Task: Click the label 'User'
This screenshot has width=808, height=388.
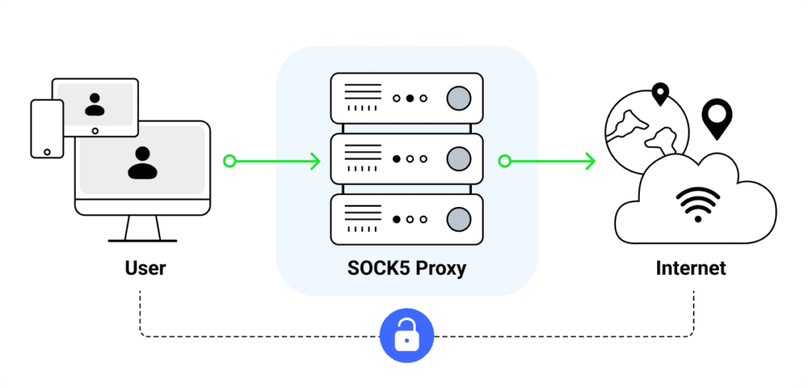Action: click(145, 268)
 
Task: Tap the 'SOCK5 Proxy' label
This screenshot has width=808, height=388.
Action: click(406, 268)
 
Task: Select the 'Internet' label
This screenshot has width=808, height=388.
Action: click(690, 268)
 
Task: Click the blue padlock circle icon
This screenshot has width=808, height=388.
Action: click(406, 335)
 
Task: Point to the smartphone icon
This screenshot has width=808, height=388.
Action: click(46, 128)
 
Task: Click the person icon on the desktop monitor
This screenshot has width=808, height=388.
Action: click(143, 162)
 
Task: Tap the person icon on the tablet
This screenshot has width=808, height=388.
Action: click(95, 104)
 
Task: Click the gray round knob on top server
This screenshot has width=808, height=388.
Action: click(458, 98)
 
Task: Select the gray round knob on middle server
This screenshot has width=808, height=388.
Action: click(458, 159)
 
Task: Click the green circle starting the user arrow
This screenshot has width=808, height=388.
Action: click(230, 161)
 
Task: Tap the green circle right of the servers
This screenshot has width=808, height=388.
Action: click(504, 161)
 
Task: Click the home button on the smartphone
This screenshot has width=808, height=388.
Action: click(47, 150)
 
